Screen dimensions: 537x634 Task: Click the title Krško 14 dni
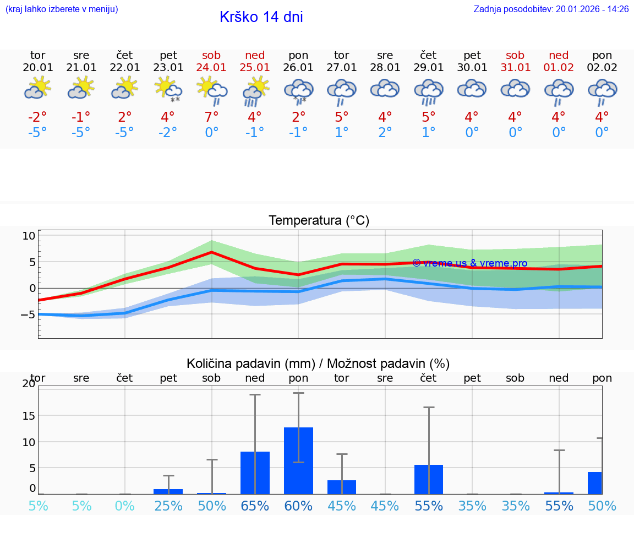coord(261,17)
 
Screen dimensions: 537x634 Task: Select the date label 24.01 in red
coord(211,68)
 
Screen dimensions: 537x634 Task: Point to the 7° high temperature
coord(211,117)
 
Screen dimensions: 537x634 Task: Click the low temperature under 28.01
coord(385,133)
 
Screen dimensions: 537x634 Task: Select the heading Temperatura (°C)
coord(319,221)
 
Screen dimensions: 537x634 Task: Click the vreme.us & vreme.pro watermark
coord(469,263)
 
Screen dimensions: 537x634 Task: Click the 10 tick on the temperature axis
coord(29,236)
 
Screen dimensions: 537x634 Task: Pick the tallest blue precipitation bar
coord(298,460)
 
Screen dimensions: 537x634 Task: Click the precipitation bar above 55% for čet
coord(429,479)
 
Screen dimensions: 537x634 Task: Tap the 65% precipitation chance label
coord(255,506)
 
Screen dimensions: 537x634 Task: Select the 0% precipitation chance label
coord(125,506)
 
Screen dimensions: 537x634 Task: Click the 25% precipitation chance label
coord(168,506)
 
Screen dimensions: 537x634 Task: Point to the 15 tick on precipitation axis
coord(29,415)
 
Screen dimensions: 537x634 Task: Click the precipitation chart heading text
coord(318,364)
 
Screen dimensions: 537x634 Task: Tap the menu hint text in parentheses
coord(62,9)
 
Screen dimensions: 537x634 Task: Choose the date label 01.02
coord(559,68)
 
